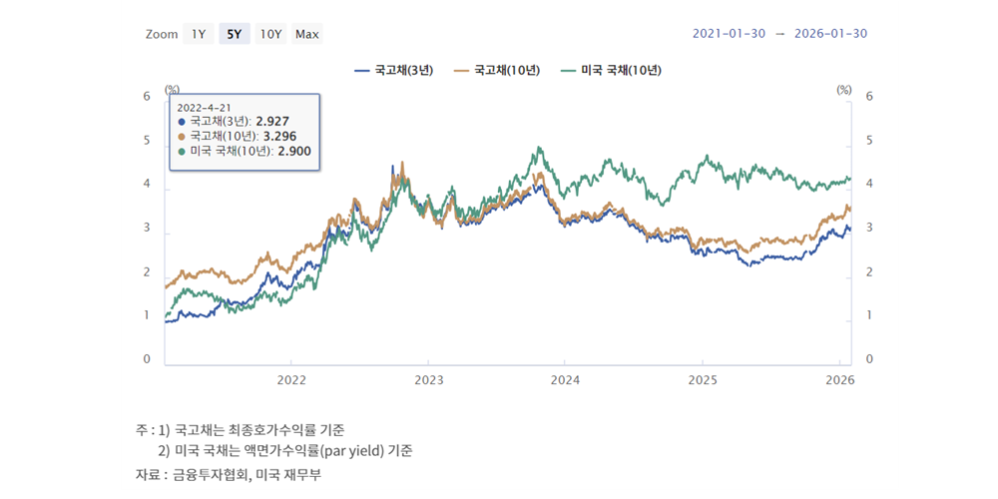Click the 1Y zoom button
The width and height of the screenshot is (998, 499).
pyautogui.click(x=198, y=34)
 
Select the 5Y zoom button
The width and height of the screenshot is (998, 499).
pyautogui.click(x=235, y=34)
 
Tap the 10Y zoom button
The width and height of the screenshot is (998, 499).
pyautogui.click(x=270, y=34)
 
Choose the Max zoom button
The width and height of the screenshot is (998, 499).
pyautogui.click(x=307, y=34)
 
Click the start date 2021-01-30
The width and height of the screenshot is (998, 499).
pyautogui.click(x=729, y=34)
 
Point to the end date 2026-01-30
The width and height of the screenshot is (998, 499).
pyautogui.click(x=831, y=34)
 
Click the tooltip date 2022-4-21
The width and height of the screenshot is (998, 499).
pyautogui.click(x=204, y=106)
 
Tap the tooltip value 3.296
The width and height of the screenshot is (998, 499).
pyautogui.click(x=279, y=136)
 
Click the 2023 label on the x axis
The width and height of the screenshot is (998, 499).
pyautogui.click(x=428, y=379)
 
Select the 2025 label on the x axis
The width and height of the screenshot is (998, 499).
pyautogui.click(x=703, y=379)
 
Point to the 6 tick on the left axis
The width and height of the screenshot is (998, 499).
pyautogui.click(x=147, y=97)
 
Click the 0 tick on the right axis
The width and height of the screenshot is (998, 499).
pyautogui.click(x=868, y=359)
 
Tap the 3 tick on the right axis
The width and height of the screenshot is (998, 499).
pyautogui.click(x=868, y=229)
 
